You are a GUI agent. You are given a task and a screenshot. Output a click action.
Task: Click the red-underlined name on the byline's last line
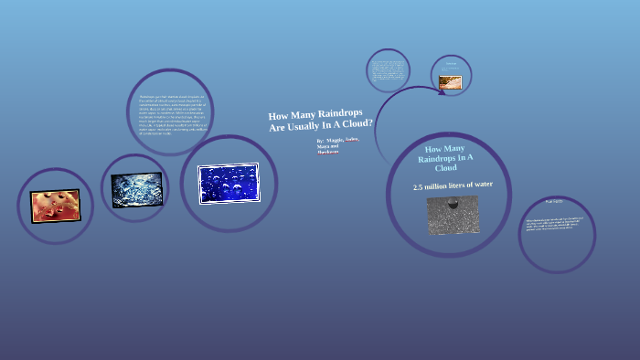pyautogui.click(x=327, y=153)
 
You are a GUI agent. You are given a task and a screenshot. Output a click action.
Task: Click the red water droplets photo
pyautogui.click(x=55, y=206)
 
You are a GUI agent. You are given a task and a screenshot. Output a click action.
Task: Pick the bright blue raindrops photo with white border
pyautogui.click(x=229, y=183)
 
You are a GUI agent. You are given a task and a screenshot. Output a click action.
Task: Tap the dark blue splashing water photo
pyautogui.click(x=136, y=189)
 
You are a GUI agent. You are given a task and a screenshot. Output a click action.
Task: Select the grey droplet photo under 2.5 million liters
pyautogui.click(x=452, y=215)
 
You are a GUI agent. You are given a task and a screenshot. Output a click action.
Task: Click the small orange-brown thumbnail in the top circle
pyautogui.click(x=450, y=82)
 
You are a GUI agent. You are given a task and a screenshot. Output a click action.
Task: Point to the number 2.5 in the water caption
pyautogui.click(x=418, y=187)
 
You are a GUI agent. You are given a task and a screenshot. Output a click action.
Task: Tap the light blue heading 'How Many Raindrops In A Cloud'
pyautogui.click(x=445, y=157)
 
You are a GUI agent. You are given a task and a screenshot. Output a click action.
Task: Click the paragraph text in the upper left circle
pyautogui.click(x=168, y=113)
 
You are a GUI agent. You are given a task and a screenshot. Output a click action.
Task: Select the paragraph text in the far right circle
pyautogui.click(x=555, y=225)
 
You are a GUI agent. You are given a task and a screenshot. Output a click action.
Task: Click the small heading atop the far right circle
pyautogui.click(x=555, y=201)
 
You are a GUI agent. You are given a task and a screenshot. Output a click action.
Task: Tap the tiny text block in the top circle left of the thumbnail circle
pyautogui.click(x=388, y=70)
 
